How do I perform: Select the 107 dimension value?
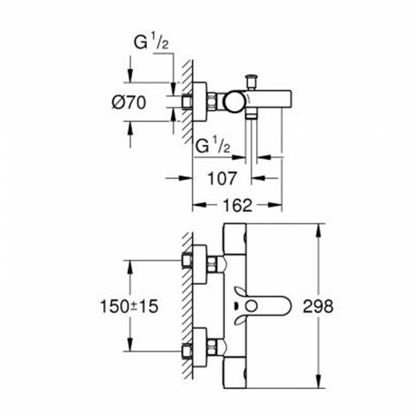(x=222, y=178)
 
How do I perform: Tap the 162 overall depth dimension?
(x=237, y=205)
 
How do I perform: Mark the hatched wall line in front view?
(x=186, y=305)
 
